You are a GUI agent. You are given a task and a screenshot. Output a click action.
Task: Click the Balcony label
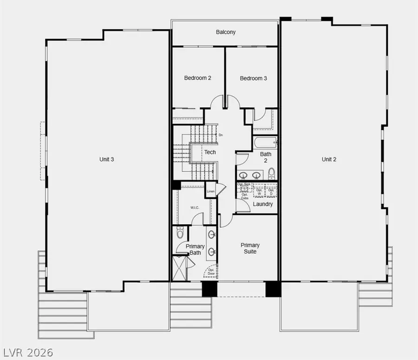pos(226,32)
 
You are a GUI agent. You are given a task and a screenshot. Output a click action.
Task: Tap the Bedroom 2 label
pos(197,78)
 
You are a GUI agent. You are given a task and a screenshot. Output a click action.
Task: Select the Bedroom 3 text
pos(253,79)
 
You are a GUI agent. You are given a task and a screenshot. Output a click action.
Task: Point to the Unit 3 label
pos(107,159)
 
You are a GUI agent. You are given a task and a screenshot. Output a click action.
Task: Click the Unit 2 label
pos(329,159)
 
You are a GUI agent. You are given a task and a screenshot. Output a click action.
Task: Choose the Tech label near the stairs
pos(210,152)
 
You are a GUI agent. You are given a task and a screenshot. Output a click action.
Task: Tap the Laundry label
pos(263,204)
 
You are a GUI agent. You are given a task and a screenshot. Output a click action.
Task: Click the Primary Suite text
pos(250,248)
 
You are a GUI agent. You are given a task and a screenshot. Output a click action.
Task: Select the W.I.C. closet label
pos(195,207)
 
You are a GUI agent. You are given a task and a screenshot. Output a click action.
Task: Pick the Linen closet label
pos(211,191)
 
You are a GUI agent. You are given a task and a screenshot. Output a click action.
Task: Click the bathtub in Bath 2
pos(265,142)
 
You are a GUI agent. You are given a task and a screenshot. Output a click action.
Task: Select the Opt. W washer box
pos(259,191)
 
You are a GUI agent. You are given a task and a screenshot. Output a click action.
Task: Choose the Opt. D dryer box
pos(271,191)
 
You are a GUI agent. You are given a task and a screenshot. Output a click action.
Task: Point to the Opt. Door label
pos(211,271)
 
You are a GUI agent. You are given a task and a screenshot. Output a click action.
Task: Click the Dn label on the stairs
pos(221,135)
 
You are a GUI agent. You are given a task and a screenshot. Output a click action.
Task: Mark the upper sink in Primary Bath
pos(212,234)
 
